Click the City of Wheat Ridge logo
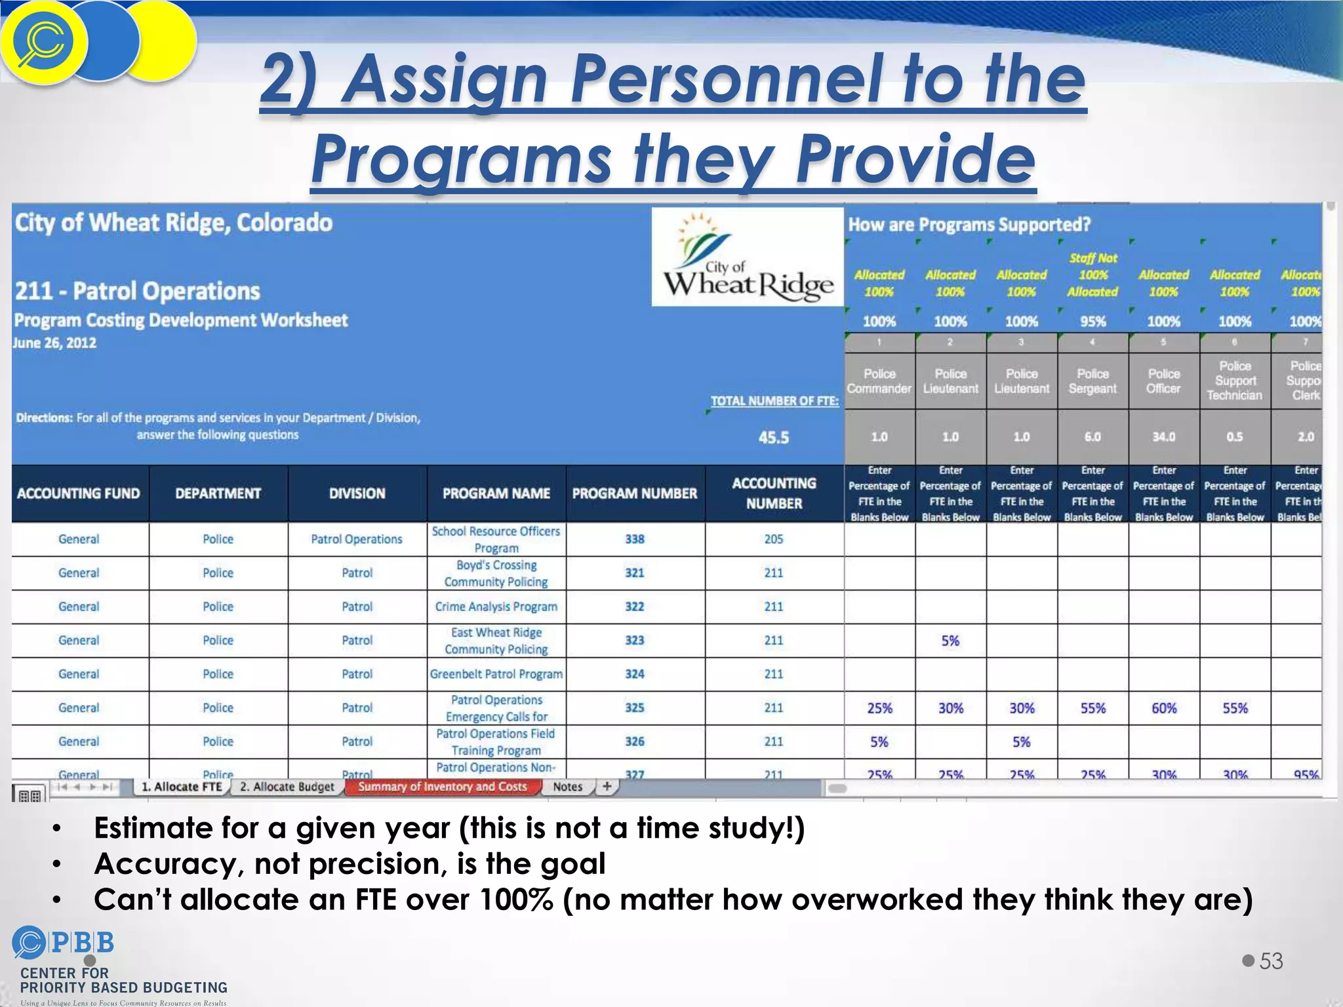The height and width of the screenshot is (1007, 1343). coord(748,257)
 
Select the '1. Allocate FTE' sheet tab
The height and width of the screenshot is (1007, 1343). coord(182,787)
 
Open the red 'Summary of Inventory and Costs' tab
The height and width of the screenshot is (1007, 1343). coord(443,787)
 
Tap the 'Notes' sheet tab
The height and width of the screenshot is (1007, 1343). coord(567,787)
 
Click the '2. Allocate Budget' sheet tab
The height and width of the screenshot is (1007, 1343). coord(287,787)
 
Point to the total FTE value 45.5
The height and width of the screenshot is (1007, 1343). coord(774,438)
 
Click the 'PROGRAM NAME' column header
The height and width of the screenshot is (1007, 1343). coord(496,494)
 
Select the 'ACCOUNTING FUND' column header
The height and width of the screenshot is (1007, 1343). coord(79,494)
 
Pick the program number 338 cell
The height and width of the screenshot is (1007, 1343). coord(635,539)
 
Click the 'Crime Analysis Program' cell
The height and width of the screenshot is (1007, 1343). coord(496,607)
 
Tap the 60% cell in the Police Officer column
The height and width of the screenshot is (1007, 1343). coord(1164,708)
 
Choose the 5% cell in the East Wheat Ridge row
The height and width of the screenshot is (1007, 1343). coord(950,641)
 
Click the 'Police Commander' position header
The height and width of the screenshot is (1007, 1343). coord(879,381)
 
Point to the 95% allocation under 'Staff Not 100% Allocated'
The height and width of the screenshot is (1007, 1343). coord(1093,322)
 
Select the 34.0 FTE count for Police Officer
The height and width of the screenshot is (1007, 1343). coord(1164,437)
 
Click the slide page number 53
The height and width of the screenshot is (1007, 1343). coord(1271,961)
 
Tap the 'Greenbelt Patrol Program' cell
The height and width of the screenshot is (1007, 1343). coord(496,674)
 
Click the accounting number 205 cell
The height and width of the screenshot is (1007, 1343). coord(774,539)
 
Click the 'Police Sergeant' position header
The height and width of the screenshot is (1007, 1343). coord(1093,381)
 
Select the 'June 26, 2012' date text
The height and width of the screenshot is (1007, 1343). coord(55,343)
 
